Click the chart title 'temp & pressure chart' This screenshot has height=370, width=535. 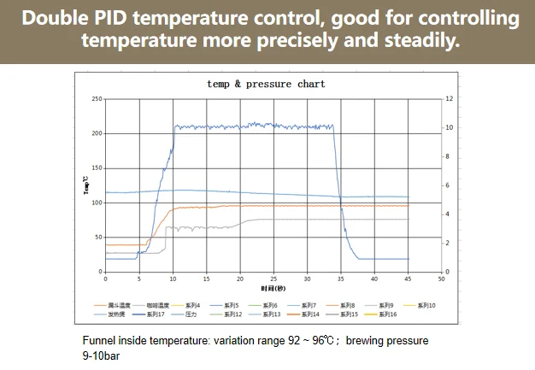[x=267, y=84]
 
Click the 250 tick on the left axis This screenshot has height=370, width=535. [x=97, y=99]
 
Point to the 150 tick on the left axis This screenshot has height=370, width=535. [x=97, y=167]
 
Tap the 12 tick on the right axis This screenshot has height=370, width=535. [x=449, y=99]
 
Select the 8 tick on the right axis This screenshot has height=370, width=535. [x=448, y=156]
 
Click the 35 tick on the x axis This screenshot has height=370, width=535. [x=340, y=279]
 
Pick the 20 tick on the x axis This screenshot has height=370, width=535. [x=239, y=279]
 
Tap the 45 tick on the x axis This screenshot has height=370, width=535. [x=408, y=279]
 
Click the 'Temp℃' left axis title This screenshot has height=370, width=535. [x=85, y=185]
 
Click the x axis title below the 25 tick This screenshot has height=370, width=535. [x=273, y=288]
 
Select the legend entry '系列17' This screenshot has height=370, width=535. [x=155, y=314]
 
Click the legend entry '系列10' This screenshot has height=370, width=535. [x=427, y=305]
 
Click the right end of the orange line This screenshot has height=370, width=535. [x=409, y=206]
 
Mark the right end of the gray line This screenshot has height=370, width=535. [x=409, y=220]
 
